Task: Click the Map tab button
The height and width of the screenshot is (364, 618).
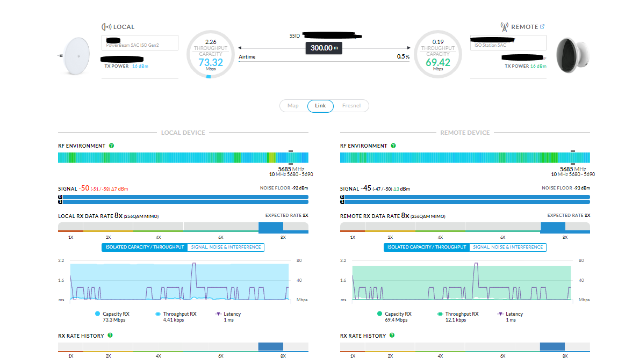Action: pyautogui.click(x=293, y=106)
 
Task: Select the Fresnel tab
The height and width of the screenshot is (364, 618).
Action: pyautogui.click(x=352, y=106)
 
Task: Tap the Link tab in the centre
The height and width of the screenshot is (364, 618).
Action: pyautogui.click(x=320, y=106)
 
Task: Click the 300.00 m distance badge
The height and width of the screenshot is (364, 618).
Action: pyautogui.click(x=324, y=48)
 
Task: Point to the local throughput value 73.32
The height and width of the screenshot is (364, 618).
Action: pyautogui.click(x=210, y=62)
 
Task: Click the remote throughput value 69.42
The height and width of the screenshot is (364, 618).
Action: pyautogui.click(x=438, y=62)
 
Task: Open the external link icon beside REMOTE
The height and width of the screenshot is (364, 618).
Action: pyautogui.click(x=542, y=26)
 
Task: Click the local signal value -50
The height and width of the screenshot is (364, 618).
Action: pyautogui.click(x=84, y=188)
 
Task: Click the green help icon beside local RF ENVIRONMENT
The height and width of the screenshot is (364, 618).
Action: pyautogui.click(x=111, y=145)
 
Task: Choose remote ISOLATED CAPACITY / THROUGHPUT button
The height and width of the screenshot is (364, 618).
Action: pyautogui.click(x=427, y=247)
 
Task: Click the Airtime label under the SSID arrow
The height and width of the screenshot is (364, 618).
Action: pyautogui.click(x=247, y=57)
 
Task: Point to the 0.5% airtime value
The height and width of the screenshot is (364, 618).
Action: pyautogui.click(x=403, y=57)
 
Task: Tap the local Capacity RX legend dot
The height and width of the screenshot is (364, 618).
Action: pyautogui.click(x=97, y=314)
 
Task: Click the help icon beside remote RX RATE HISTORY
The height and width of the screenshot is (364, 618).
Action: pyautogui.click(x=392, y=336)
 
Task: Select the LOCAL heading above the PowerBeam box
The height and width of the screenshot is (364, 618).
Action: pyautogui.click(x=124, y=27)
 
